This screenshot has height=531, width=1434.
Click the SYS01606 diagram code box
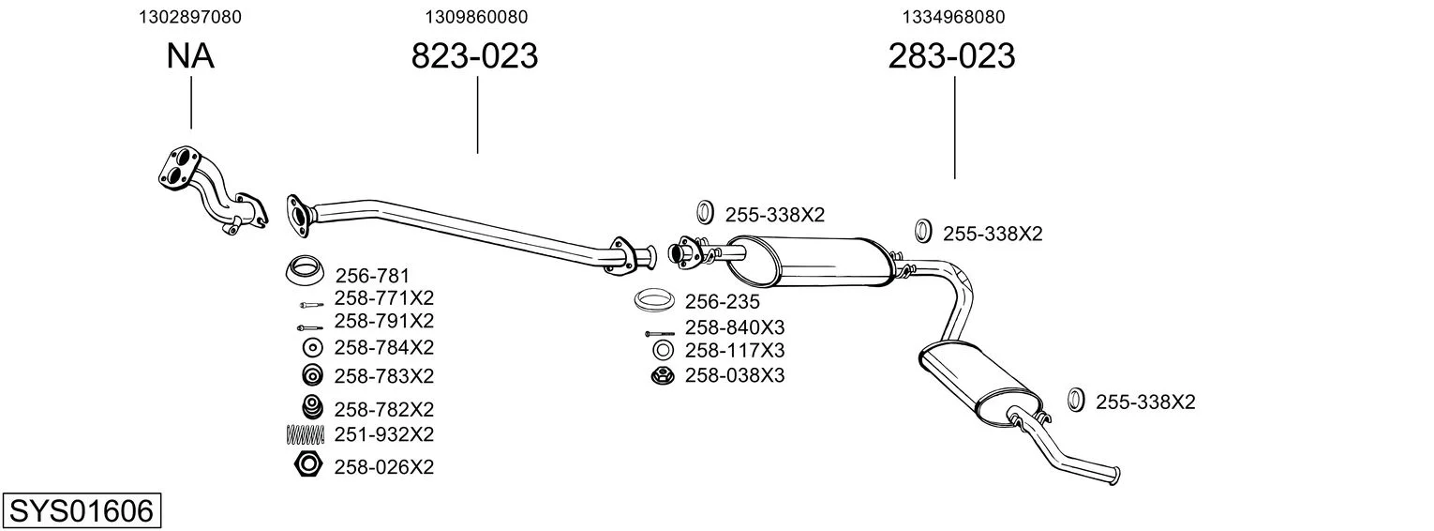coord(82,511)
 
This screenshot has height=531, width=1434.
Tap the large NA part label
coord(190,55)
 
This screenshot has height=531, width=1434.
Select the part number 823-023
coord(474,55)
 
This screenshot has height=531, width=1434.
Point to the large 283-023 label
coord(951,55)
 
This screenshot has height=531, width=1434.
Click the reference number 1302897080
coord(190,17)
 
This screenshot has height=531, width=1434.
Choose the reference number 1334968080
coord(953,17)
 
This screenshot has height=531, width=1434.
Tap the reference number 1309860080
coord(476,17)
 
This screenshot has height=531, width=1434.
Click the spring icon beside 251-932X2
coord(306,435)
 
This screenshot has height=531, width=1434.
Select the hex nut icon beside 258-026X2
coord(308,464)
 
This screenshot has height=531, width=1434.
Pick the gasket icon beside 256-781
coord(304,271)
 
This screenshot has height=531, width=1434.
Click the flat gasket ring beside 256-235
coord(653,299)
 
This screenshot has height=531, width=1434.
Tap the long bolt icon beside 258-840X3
coord(660,334)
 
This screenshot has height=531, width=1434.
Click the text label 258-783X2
coord(384,376)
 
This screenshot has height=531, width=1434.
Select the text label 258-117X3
coord(735,351)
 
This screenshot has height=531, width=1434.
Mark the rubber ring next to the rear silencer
coord(1076,400)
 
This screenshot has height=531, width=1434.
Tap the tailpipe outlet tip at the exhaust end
coord(1116,476)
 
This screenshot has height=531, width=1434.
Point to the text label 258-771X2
coord(384,297)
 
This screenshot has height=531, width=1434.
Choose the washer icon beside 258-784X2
coord(312,348)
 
